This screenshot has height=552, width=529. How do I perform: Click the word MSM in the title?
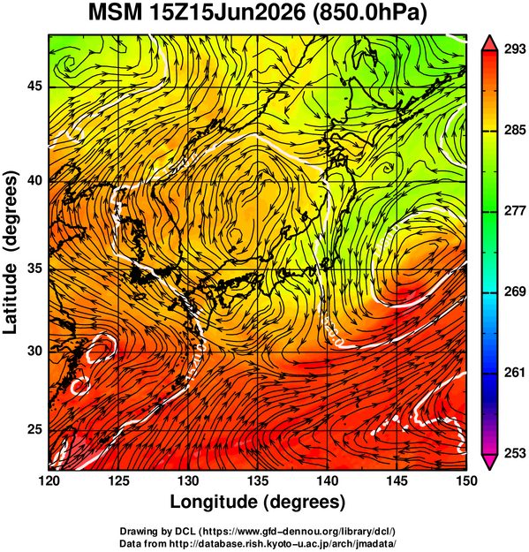[x=115, y=14]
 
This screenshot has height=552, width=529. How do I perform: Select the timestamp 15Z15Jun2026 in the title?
[x=227, y=14]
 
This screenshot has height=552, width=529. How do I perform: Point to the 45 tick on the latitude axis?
[x=34, y=86]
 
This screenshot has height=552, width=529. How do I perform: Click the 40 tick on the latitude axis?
[x=34, y=180]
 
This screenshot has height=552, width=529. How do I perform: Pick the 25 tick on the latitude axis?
[x=34, y=430]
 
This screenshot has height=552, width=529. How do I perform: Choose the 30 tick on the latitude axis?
[x=34, y=351]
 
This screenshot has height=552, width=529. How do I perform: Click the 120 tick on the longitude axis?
[x=49, y=480]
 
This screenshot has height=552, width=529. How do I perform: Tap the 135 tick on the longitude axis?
[x=258, y=480]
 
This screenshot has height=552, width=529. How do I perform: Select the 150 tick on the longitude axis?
[x=466, y=480]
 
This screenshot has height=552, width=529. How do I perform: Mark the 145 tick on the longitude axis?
[x=397, y=480]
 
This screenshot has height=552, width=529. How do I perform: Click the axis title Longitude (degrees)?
[x=257, y=503]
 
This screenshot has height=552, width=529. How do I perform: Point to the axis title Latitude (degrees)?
[x=11, y=253]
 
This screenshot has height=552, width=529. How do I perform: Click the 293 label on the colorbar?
[x=515, y=49]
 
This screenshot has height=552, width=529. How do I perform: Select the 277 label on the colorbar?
[x=515, y=211]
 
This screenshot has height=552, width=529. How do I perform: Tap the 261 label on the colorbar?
[x=515, y=373]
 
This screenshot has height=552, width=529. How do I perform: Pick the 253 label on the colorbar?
[x=515, y=453]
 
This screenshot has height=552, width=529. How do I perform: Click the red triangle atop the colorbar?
[x=489, y=43]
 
